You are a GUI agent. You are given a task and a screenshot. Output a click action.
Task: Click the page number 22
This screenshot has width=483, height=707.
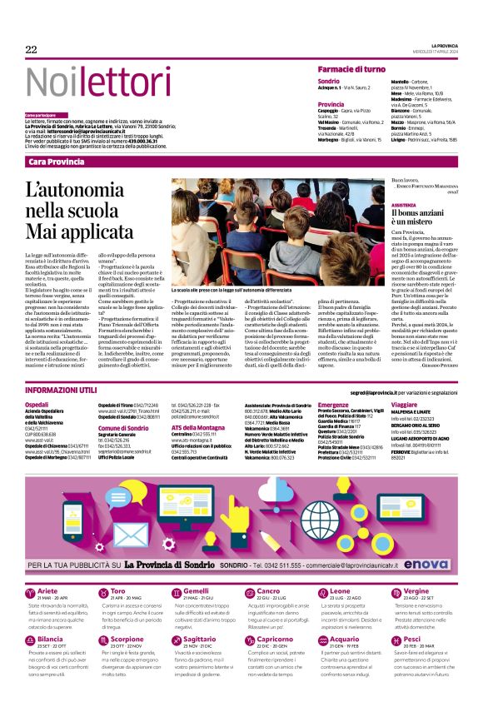31,50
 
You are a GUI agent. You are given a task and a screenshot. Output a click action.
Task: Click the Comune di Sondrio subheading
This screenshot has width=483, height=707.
122,427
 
